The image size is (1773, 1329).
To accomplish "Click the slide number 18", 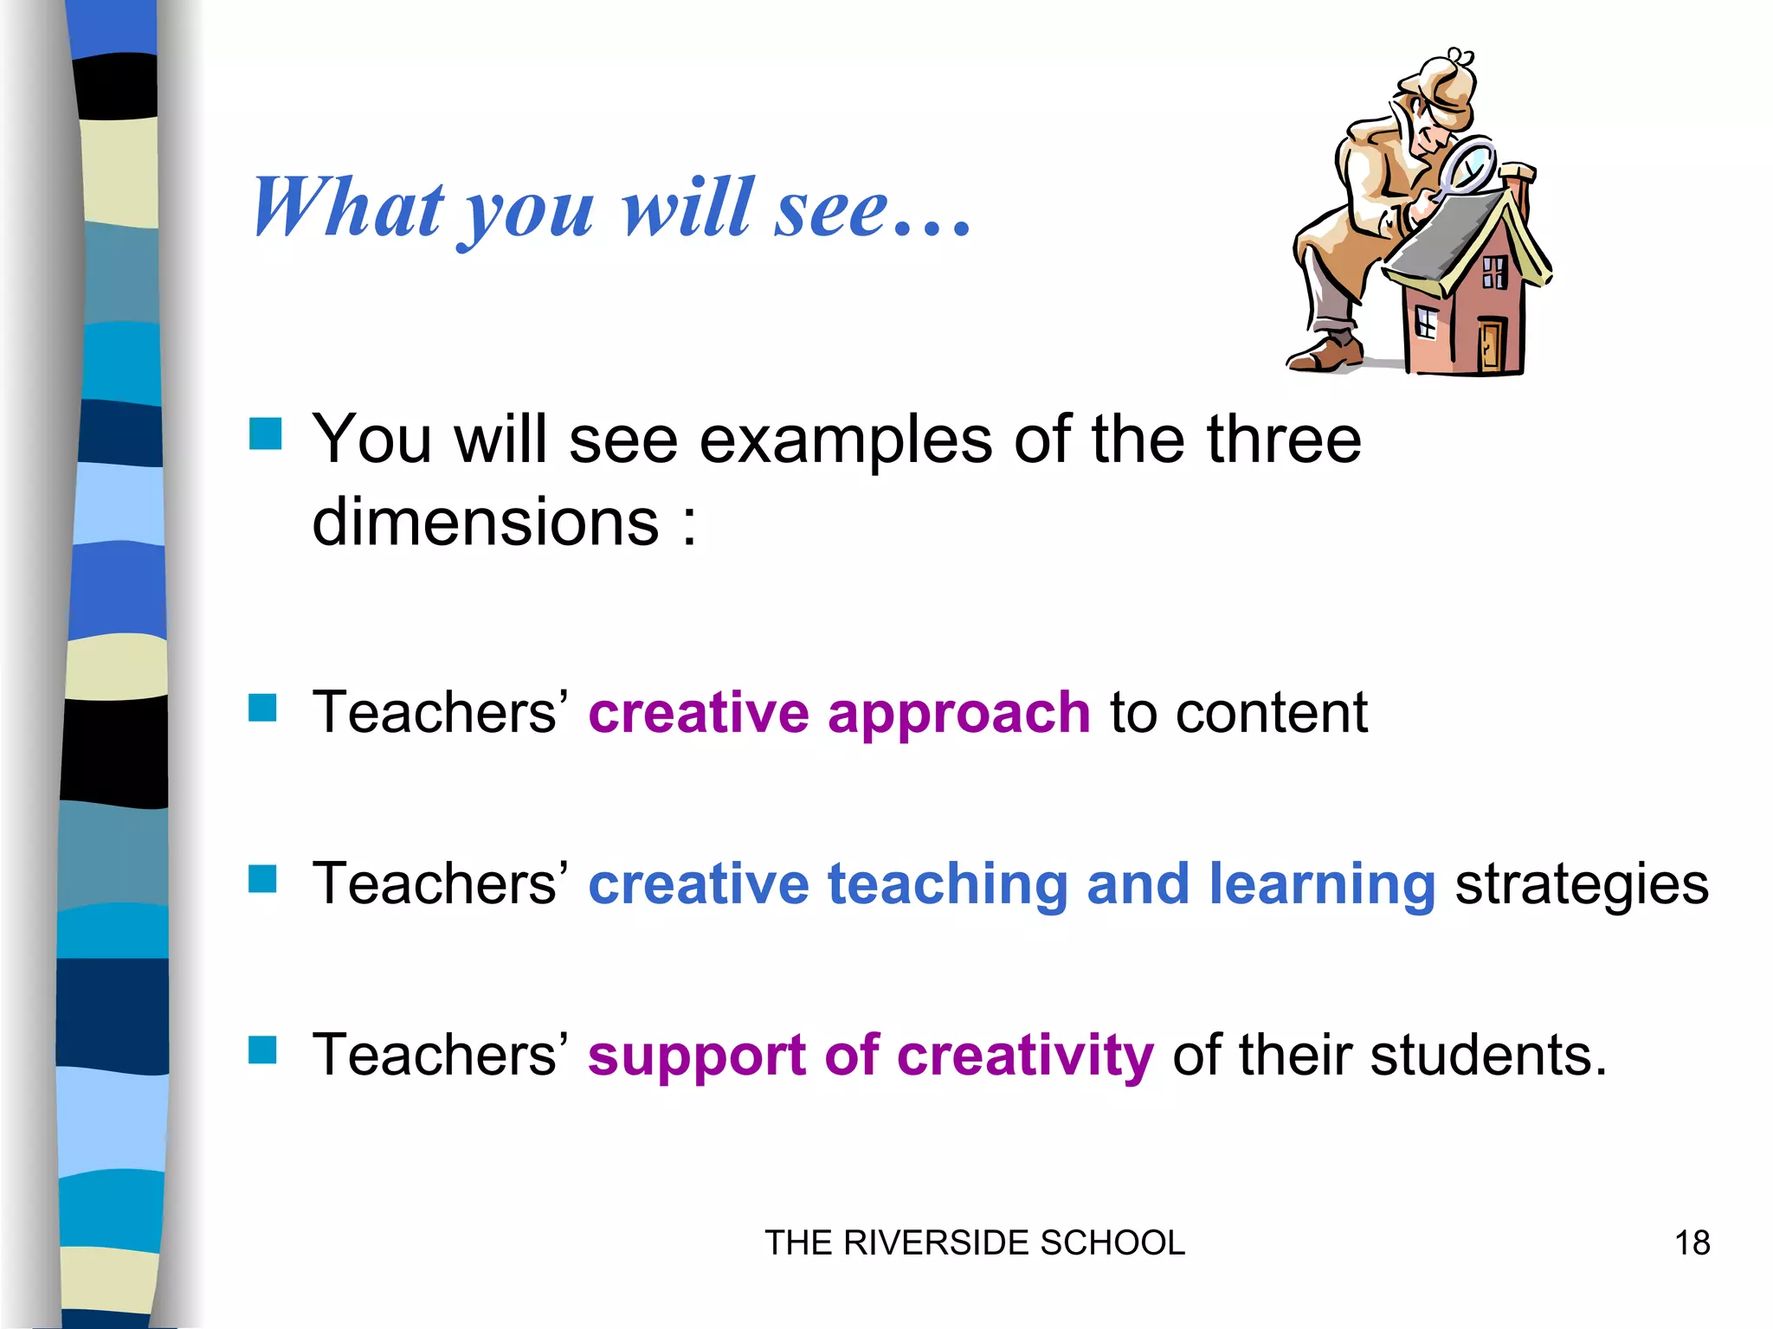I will (x=1692, y=1242).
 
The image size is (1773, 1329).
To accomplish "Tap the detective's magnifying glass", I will (x=1468, y=164).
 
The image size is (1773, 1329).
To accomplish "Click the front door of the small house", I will (x=1491, y=344).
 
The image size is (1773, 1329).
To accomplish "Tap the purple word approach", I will (x=958, y=714).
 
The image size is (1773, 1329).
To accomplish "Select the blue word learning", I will (x=1322, y=884).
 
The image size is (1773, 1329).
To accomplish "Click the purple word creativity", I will (x=1025, y=1056).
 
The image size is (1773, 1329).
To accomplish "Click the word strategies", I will (x=1582, y=884).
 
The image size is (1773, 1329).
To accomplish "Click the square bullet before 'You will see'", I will (x=265, y=433).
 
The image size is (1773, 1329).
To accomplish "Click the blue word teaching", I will (x=947, y=884).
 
